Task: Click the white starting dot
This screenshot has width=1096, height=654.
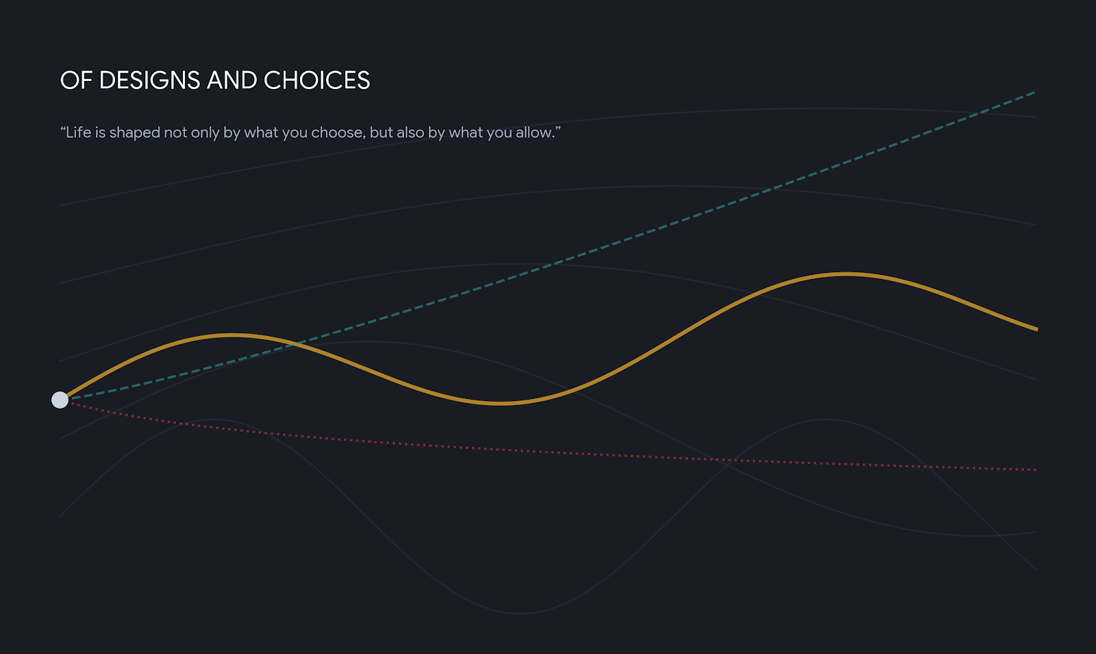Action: pos(60,400)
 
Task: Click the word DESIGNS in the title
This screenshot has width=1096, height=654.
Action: pos(150,80)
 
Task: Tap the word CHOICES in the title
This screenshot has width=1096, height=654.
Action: pos(317,80)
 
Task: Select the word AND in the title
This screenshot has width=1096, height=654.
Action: pos(232,80)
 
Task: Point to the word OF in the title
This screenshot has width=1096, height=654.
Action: pos(76,80)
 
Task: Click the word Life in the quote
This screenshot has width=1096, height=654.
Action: pos(78,132)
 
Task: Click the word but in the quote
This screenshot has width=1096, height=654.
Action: pos(381,132)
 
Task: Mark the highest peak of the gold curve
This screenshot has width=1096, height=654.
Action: pos(845,274)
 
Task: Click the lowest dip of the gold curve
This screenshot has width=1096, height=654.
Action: pos(500,403)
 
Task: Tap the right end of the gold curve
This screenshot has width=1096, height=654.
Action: pos(1037,330)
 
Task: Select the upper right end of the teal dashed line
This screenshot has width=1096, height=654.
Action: pos(1034,92)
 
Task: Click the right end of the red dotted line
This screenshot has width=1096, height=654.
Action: pos(1035,470)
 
